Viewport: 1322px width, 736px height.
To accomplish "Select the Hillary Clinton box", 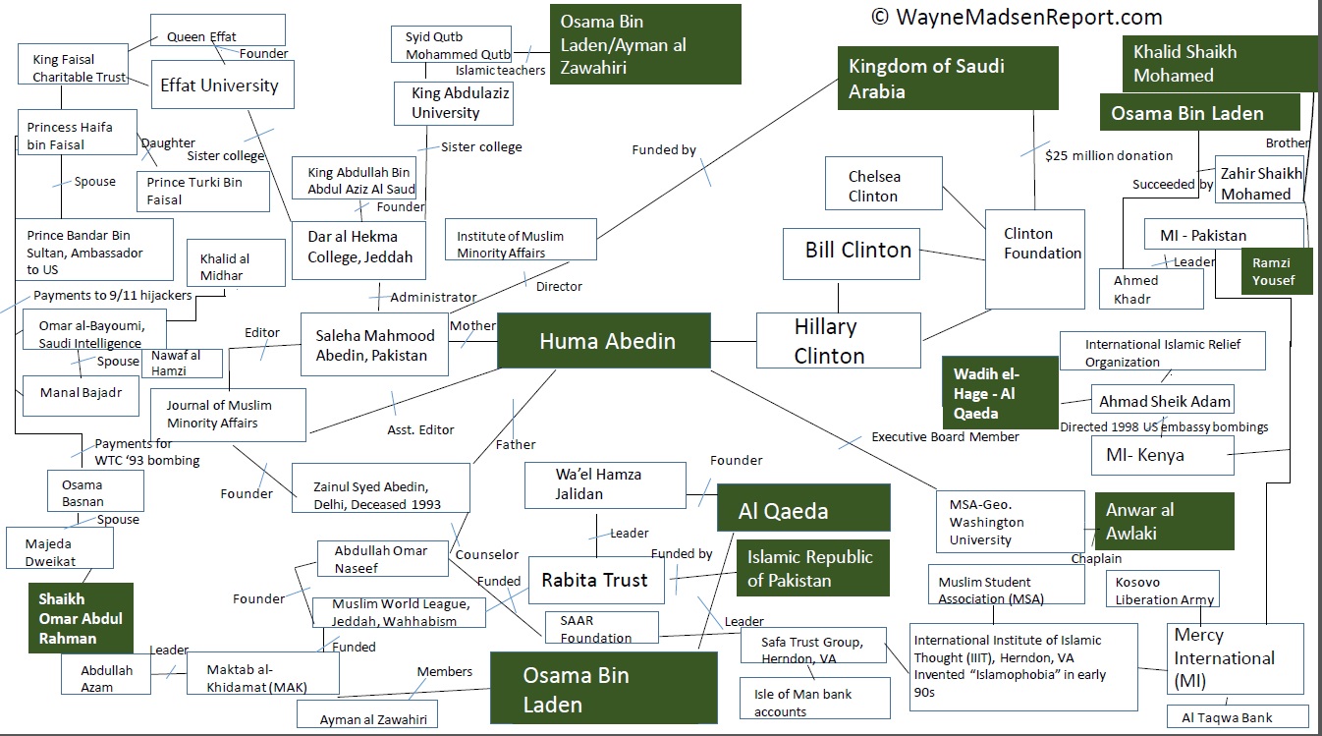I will pos(838,341).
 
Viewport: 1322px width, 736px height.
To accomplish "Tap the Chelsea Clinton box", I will pos(882,186).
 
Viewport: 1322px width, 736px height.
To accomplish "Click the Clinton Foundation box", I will pos(1035,258).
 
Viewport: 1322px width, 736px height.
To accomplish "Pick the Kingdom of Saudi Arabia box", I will pos(948,78).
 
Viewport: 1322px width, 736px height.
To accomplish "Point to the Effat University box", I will pos(219,85).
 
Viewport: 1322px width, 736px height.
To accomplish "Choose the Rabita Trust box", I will pos(595,580).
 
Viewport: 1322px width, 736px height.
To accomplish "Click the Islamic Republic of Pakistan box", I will pos(812,568).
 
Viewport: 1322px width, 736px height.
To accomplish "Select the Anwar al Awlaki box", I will pos(1164,521).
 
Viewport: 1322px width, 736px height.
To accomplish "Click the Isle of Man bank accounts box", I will pos(814,702).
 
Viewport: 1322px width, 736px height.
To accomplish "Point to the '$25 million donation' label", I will pos(1109,155).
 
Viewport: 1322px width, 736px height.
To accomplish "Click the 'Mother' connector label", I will pos(472,325).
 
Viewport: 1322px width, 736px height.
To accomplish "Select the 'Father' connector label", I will pos(516,444).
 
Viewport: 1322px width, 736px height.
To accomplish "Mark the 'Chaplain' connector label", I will pos(1096,558).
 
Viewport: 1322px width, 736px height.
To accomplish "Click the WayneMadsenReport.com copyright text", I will pos(1017,17).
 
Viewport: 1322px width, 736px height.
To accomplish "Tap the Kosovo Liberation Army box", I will pos(1164,591).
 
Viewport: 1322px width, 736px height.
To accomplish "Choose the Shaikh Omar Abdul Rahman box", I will pos(80,618).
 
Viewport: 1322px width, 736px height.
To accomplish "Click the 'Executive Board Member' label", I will pos(945,436).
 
